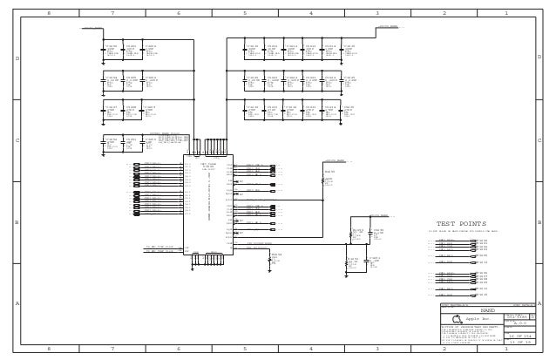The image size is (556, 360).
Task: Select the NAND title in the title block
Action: point(488,309)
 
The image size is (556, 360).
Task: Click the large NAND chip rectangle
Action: point(207,206)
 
